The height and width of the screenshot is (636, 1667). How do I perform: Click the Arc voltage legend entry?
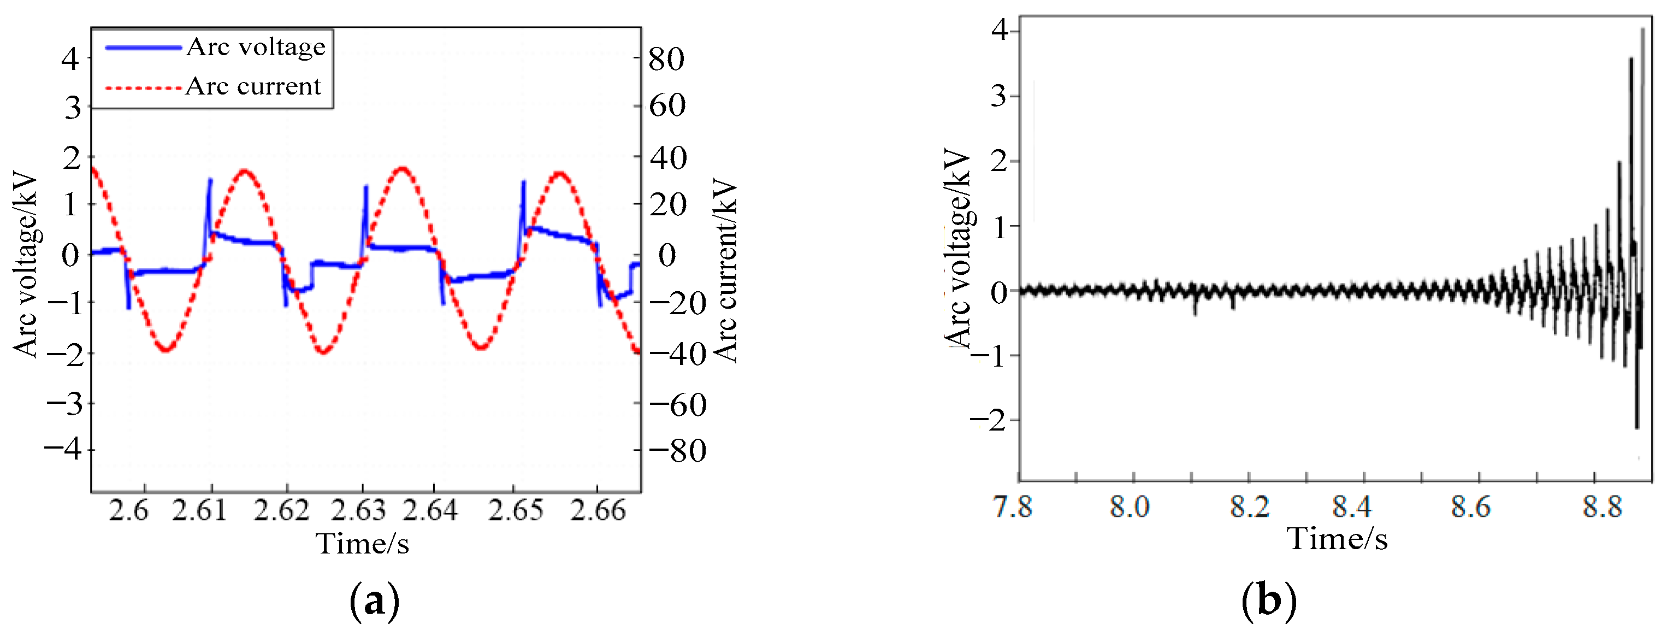click(x=255, y=48)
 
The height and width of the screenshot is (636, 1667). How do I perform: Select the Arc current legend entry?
click(x=253, y=86)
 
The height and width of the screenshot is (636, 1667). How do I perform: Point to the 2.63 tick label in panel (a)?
click(x=358, y=510)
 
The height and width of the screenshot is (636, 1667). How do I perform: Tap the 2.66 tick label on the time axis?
click(x=598, y=510)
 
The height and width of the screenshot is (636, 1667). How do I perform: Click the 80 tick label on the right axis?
click(x=666, y=60)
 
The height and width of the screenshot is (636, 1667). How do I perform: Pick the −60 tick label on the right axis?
click(x=677, y=405)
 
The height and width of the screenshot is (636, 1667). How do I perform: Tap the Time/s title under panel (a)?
click(x=362, y=543)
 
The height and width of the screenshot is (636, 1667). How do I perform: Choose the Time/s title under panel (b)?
click(x=1337, y=539)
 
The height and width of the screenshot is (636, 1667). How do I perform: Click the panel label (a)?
click(x=374, y=602)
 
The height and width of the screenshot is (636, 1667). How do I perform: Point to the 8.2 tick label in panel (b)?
click(x=1249, y=506)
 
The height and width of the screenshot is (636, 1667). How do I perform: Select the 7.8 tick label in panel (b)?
click(x=1013, y=506)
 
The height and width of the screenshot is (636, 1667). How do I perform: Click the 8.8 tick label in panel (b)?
click(x=1603, y=506)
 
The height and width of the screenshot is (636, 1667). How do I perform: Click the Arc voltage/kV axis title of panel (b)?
click(x=959, y=249)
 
